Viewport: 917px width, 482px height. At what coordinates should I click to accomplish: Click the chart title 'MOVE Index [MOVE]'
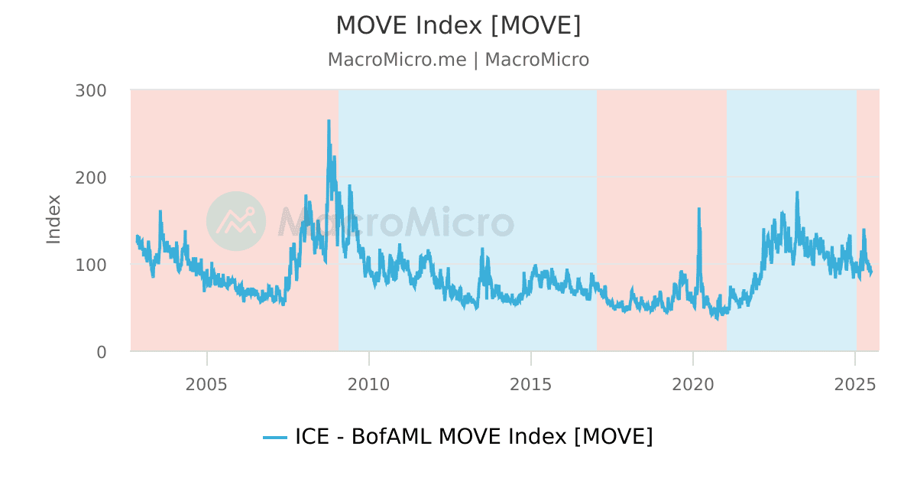(x=458, y=25)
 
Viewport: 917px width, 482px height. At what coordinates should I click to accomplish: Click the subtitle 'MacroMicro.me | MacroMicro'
(x=458, y=60)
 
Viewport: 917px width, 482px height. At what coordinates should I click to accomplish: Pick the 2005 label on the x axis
(x=206, y=384)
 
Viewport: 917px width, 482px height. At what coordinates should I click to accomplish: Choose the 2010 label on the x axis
(x=368, y=384)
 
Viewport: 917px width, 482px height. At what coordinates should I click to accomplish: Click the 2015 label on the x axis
(x=530, y=384)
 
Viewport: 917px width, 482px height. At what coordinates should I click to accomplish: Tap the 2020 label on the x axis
(x=692, y=384)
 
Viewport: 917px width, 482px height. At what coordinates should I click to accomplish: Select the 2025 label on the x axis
(x=854, y=384)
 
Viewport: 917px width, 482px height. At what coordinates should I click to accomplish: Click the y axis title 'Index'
(x=53, y=220)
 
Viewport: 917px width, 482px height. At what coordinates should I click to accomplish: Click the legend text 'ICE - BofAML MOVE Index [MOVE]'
(x=474, y=437)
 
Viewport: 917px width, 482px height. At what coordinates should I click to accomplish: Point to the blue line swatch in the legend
(x=275, y=438)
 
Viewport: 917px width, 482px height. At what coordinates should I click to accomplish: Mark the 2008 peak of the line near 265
(x=329, y=121)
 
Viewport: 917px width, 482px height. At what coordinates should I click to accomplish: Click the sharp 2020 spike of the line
(x=698, y=208)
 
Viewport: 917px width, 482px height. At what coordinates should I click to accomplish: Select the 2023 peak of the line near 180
(x=797, y=193)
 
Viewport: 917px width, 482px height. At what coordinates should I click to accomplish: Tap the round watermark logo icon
(x=236, y=221)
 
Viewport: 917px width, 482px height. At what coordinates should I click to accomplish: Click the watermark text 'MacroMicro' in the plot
(x=395, y=222)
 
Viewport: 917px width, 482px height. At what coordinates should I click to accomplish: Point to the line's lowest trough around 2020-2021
(x=717, y=318)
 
